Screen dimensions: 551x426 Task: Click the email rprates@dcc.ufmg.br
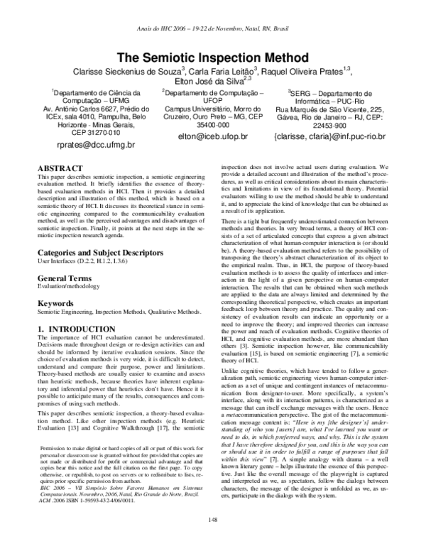[x=90, y=144]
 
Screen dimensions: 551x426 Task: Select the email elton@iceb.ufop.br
[x=212, y=135]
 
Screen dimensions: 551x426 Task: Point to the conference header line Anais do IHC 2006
[x=213, y=29]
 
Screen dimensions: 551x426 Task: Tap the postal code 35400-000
[x=212, y=124]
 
